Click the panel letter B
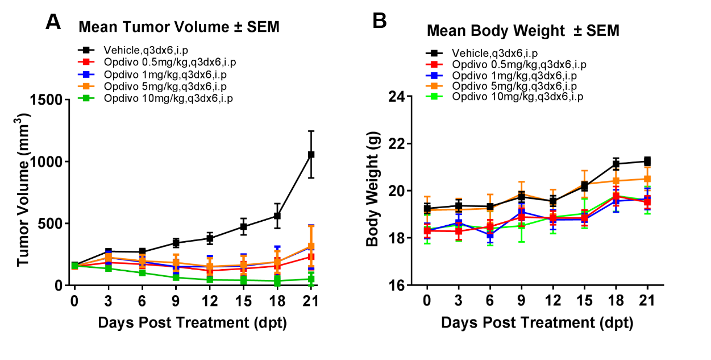(x=379, y=21)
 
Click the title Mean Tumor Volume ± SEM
(x=179, y=27)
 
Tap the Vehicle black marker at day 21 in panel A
(x=311, y=154)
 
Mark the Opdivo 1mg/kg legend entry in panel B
(x=506, y=75)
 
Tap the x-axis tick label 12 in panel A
(x=210, y=300)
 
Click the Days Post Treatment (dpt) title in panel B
(x=537, y=323)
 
